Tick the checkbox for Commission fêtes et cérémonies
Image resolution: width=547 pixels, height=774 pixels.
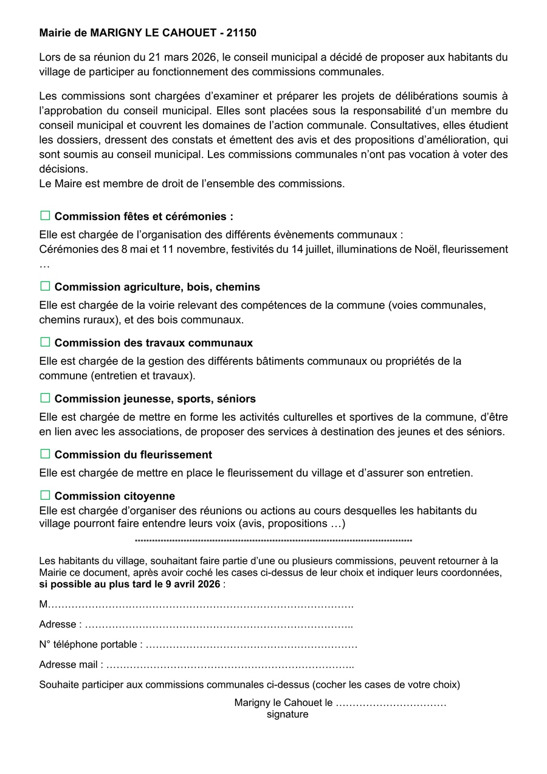(x=45, y=216)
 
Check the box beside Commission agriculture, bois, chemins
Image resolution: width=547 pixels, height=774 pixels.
(x=45, y=286)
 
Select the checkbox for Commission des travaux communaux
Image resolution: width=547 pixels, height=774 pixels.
(x=45, y=342)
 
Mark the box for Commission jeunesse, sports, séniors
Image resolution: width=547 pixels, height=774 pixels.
(x=45, y=398)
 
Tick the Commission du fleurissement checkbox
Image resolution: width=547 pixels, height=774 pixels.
(x=45, y=454)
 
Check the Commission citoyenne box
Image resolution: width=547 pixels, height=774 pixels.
(x=45, y=496)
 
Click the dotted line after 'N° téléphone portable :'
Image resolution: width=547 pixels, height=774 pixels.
(x=252, y=644)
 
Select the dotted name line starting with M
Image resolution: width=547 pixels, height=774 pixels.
(x=201, y=605)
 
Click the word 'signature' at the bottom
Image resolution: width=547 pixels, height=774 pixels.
(x=287, y=714)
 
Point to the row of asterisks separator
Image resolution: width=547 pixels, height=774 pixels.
(x=273, y=541)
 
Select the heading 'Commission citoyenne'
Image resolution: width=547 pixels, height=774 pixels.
(x=115, y=496)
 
